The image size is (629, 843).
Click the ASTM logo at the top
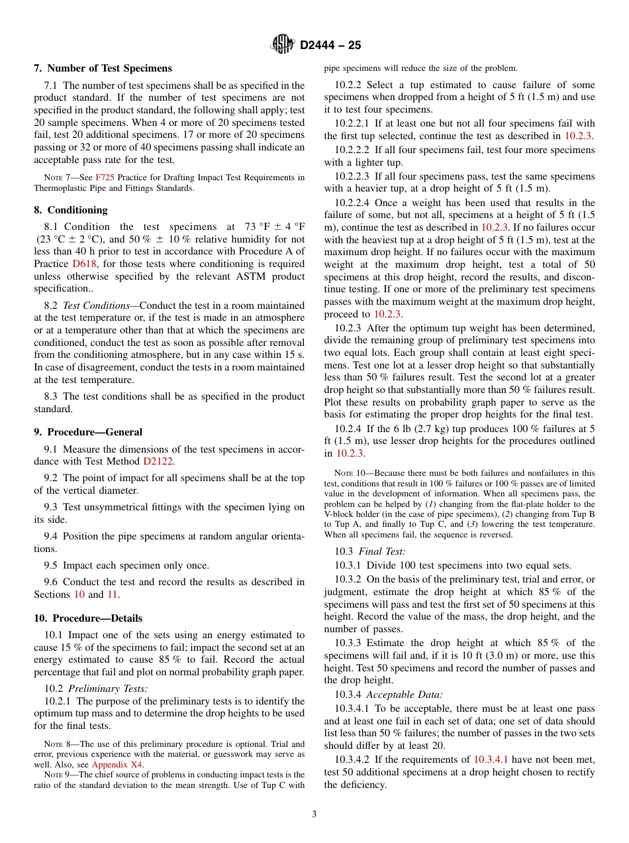tap(283, 44)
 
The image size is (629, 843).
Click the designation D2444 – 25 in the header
tap(330, 45)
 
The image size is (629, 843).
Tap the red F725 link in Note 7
tap(105, 178)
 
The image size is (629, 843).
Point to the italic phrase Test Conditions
tap(96, 306)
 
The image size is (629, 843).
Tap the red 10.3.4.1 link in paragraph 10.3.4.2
tap(491, 759)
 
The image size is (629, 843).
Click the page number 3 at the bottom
tap(314, 815)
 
